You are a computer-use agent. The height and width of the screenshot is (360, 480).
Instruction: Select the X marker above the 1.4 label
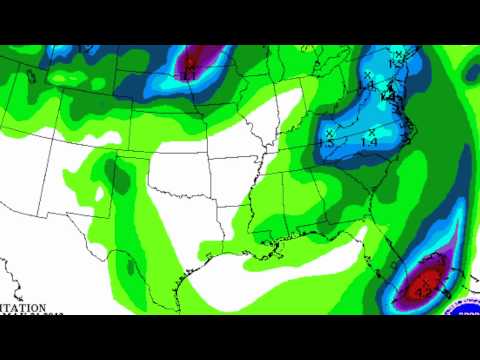coord(371,131)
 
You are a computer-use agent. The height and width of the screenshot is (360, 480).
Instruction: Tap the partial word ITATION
coord(22,308)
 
